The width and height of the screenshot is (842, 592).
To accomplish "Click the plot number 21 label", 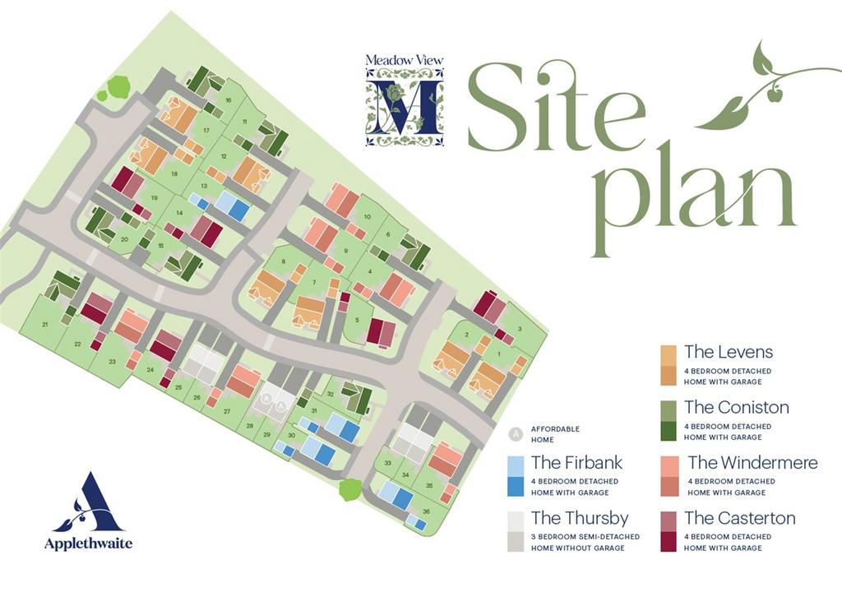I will (45, 325).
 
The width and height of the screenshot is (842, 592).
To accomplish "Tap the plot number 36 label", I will (426, 511).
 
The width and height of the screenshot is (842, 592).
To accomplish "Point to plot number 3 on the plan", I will (520, 328).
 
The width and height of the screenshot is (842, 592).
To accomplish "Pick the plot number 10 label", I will (368, 216).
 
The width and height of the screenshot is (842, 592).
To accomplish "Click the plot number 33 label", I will (386, 463).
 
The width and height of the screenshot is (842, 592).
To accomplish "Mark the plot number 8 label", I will (283, 261).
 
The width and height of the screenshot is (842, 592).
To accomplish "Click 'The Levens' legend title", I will (729, 352).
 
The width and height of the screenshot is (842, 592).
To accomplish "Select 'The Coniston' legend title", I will (736, 407).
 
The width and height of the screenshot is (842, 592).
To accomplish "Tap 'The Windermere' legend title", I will (752, 463).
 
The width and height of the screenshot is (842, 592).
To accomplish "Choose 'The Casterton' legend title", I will (739, 518).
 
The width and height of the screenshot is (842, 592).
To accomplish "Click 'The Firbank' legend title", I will (576, 463).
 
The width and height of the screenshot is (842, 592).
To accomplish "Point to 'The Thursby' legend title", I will (579, 518).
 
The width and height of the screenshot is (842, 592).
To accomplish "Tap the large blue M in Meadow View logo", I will (403, 108).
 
